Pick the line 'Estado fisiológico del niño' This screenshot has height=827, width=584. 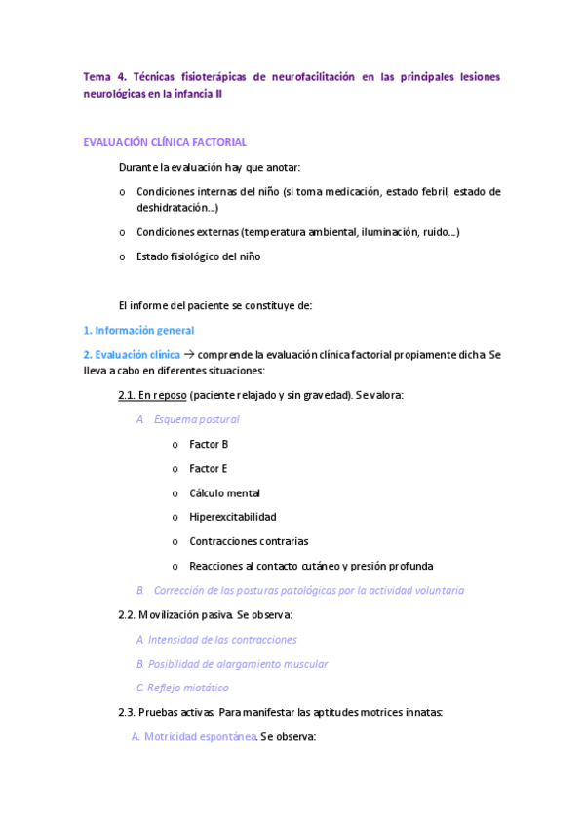point(199,256)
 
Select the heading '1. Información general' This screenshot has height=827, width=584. point(138,330)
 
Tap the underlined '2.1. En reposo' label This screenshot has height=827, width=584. point(152,395)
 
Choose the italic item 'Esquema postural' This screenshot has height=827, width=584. point(196,419)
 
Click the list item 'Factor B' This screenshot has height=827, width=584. point(209,444)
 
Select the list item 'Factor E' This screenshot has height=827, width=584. point(209,468)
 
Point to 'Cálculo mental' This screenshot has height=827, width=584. point(224,492)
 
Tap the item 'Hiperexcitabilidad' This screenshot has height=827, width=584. point(233,517)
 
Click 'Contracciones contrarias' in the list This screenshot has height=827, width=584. point(249,541)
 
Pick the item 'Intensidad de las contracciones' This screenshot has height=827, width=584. point(222,640)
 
